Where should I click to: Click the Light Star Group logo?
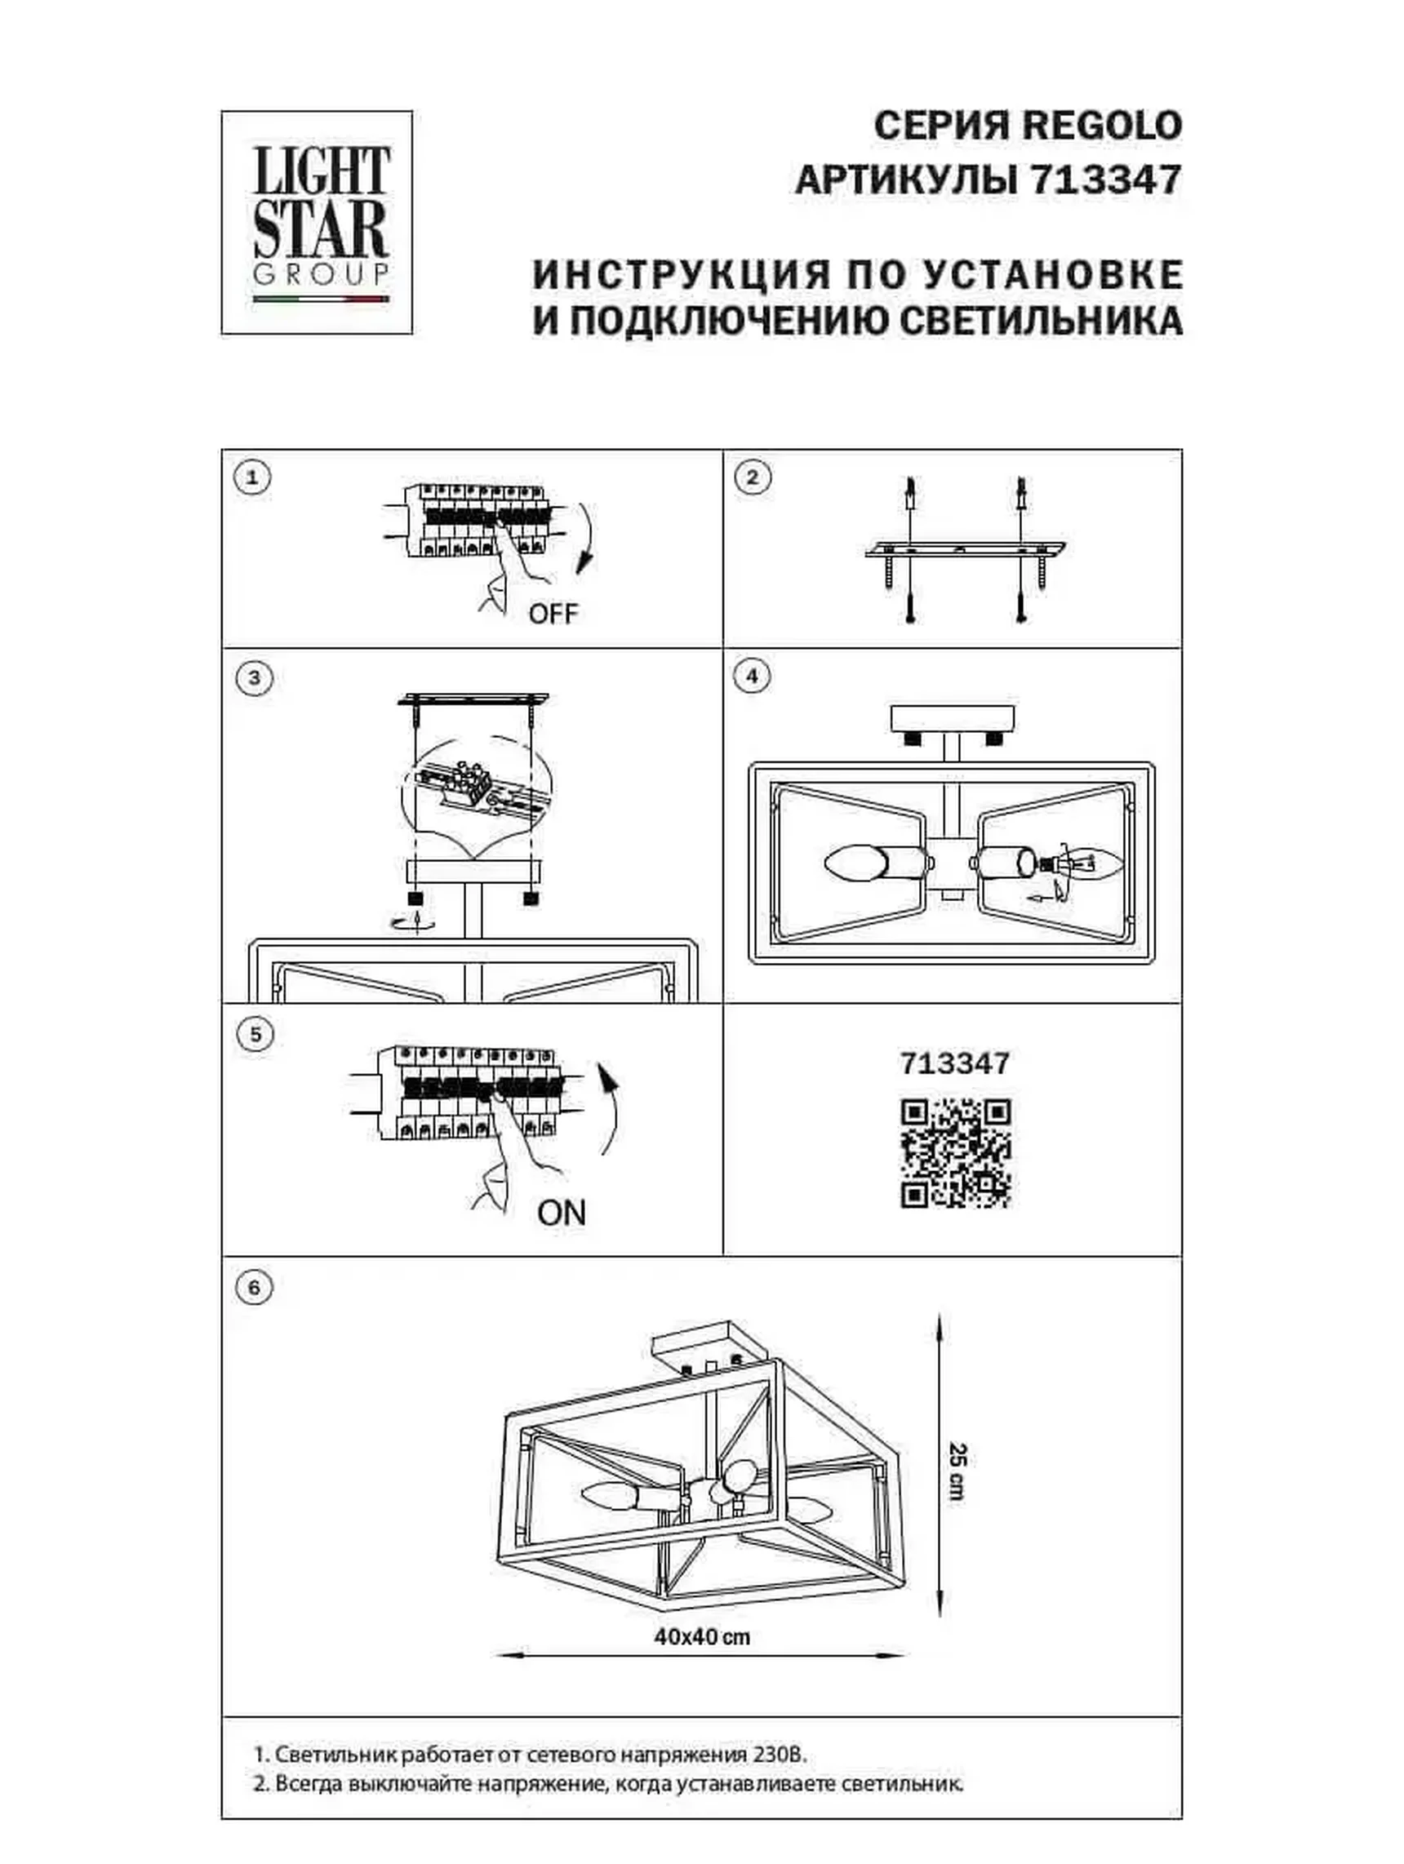(x=317, y=223)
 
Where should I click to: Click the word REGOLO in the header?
(x=1102, y=126)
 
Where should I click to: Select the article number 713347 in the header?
(x=1106, y=180)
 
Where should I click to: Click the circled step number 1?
(x=252, y=478)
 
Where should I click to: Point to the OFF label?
(x=553, y=614)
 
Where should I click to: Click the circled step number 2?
(x=753, y=477)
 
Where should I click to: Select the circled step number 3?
(x=255, y=678)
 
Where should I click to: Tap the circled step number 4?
(x=752, y=676)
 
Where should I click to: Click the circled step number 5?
(x=256, y=1034)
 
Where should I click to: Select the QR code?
(x=955, y=1154)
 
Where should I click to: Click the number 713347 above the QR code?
(x=955, y=1063)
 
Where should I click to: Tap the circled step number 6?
(x=255, y=1288)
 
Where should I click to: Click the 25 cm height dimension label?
(x=957, y=1472)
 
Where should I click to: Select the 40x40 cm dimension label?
(x=702, y=1637)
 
